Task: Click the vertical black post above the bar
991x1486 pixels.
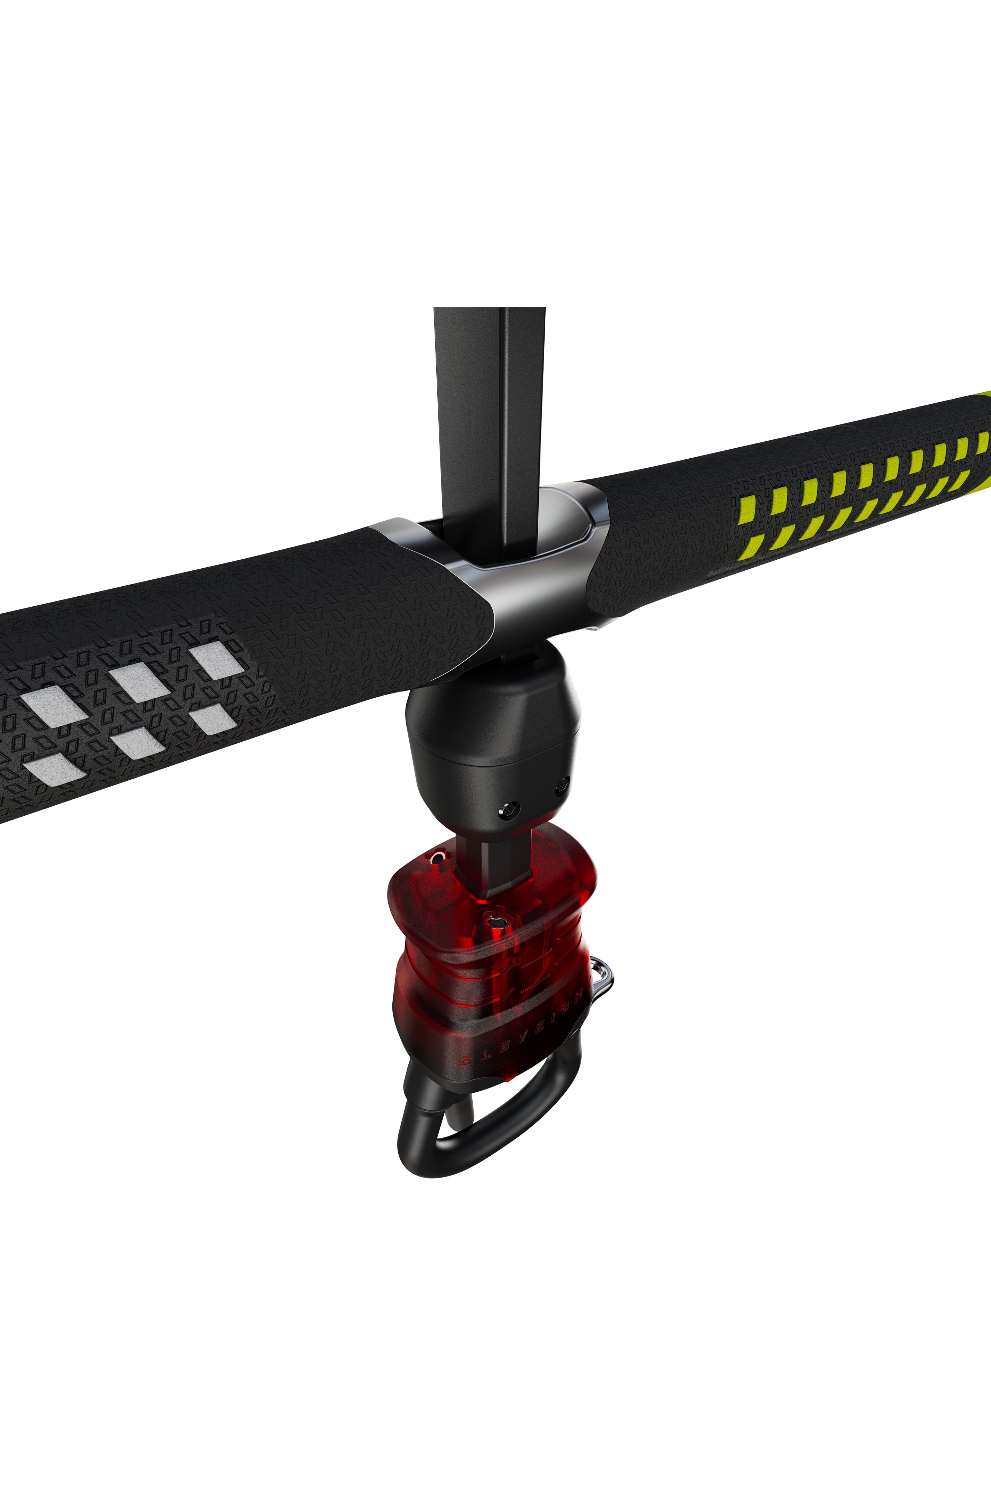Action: [x=489, y=411]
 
